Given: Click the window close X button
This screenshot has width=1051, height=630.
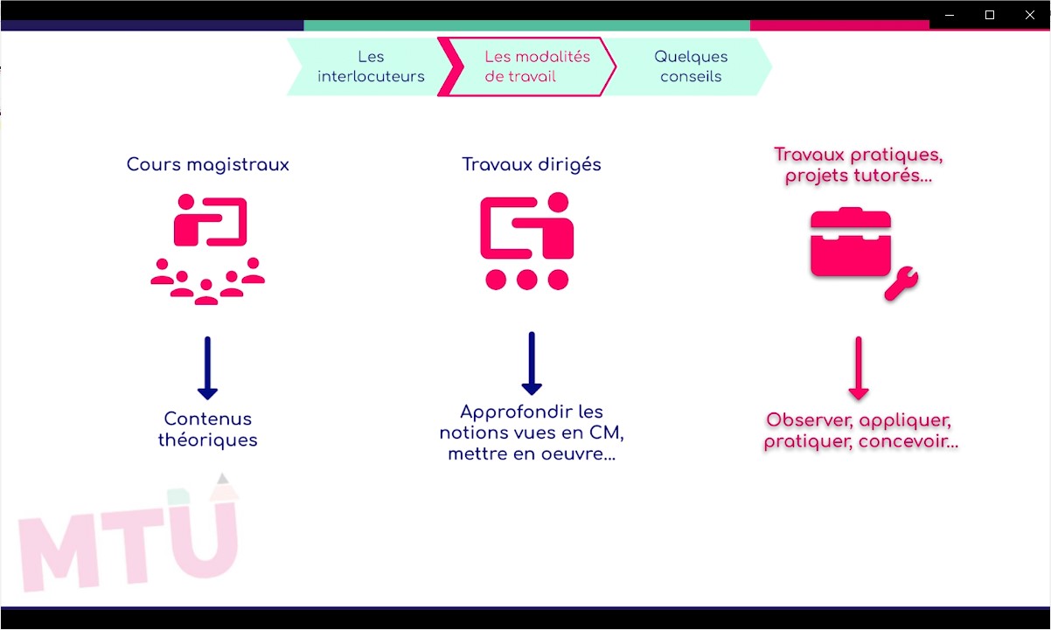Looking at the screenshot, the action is coord(1029,15).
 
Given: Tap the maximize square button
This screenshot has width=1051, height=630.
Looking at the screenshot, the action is coord(990,15).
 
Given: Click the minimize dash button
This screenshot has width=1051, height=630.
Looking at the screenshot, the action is coord(950,15).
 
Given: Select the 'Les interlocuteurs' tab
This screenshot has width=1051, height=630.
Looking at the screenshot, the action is coord(371,66).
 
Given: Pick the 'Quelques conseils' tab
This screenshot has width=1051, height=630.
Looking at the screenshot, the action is coord(691,66).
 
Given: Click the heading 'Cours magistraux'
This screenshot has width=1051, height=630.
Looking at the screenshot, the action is coord(208,165).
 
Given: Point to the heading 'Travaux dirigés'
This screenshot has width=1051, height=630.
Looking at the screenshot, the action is coord(532,165).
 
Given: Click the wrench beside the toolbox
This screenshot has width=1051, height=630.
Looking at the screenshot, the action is coord(901,282).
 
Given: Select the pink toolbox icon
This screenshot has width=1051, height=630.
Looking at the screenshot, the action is coord(851,242).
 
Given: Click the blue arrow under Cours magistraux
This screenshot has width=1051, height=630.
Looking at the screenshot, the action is coord(207,368).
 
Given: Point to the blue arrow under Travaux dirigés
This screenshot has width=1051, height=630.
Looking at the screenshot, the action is coord(532,363).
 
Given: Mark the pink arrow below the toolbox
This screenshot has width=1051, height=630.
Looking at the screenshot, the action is coord(859,368).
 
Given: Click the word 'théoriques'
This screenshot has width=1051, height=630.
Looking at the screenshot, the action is coord(208,440).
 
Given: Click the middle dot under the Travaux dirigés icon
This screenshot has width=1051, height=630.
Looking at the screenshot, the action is coord(527,280).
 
